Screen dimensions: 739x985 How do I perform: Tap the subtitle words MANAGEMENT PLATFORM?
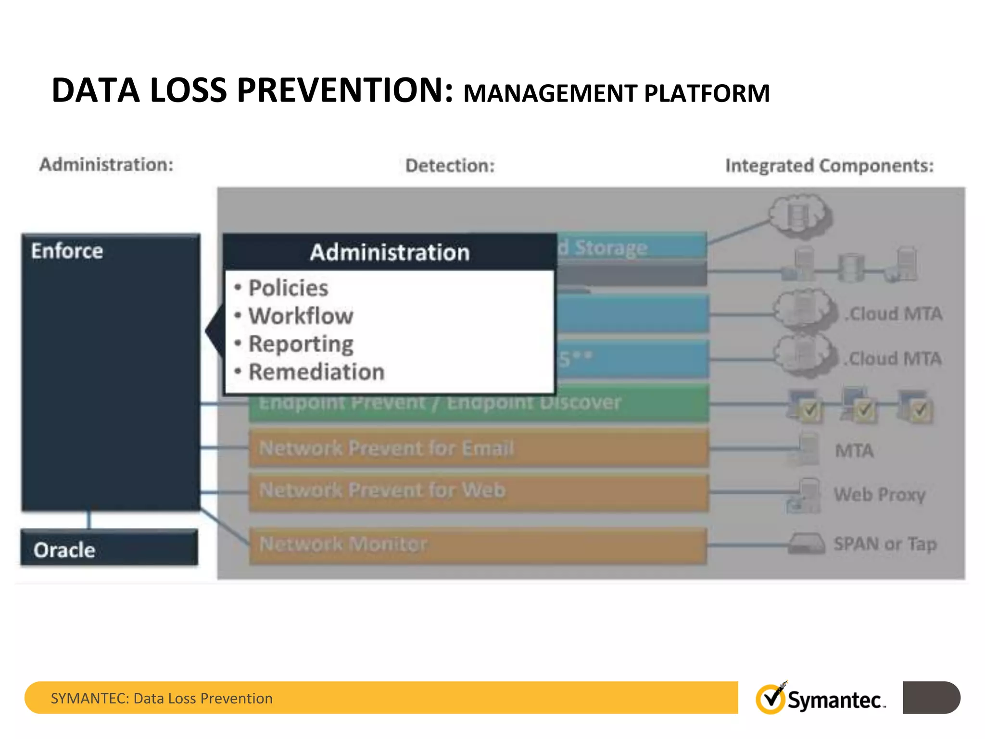pyautogui.click(x=616, y=93)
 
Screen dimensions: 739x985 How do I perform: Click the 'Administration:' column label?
pyautogui.click(x=106, y=165)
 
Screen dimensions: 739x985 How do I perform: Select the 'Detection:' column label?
pyautogui.click(x=450, y=166)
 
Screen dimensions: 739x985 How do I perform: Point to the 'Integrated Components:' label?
pyautogui.click(x=829, y=166)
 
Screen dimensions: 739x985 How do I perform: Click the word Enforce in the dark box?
pyautogui.click(x=67, y=251)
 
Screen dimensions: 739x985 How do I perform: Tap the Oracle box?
pyautogui.click(x=109, y=548)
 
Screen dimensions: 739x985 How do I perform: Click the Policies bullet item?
pyautogui.click(x=288, y=288)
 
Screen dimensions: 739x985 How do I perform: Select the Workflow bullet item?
pyautogui.click(x=301, y=316)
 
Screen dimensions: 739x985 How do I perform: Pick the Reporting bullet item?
pyautogui.click(x=301, y=344)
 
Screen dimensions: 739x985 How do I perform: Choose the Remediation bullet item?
pyautogui.click(x=316, y=372)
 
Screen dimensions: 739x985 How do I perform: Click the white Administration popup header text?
pyautogui.click(x=390, y=252)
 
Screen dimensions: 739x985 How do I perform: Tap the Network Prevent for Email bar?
pyautogui.click(x=478, y=448)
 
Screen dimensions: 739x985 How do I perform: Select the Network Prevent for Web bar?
pyautogui.click(x=478, y=491)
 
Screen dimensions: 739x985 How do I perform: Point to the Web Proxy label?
pyautogui.click(x=879, y=494)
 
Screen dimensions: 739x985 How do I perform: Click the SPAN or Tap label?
pyautogui.click(x=885, y=544)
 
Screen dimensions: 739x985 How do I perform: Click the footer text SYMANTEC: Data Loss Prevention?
pyautogui.click(x=162, y=698)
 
